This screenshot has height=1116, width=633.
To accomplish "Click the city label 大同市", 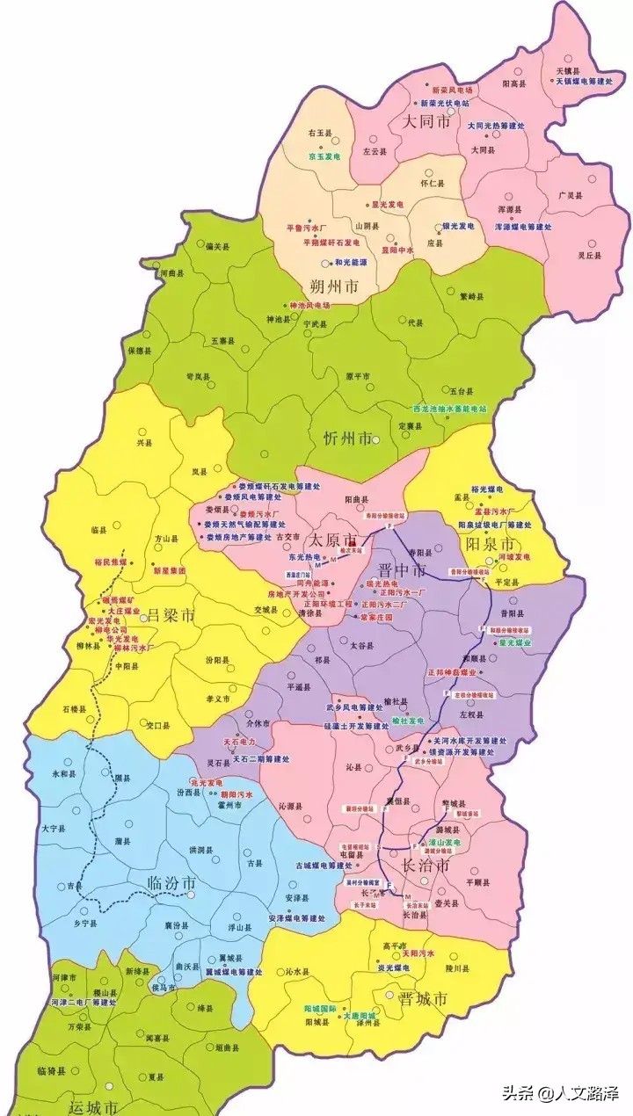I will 426,122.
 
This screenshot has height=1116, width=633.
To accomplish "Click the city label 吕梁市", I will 169,614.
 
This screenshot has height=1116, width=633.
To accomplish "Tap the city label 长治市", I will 426,866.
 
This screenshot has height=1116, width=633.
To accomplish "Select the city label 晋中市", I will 402,570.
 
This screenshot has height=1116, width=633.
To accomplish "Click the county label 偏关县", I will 216,247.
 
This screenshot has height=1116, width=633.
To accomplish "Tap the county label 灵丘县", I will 589,255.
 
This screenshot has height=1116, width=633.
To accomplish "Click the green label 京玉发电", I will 324,156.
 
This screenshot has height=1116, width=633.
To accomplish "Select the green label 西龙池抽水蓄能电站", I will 450,409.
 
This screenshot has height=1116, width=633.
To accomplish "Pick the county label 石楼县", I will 75,708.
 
